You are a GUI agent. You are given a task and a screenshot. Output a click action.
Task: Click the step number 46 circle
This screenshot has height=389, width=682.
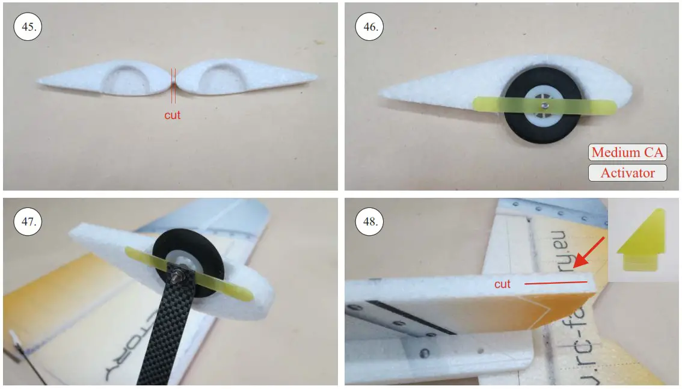pos(367,26)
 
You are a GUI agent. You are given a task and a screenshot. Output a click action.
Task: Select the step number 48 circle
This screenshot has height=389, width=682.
pos(367,222)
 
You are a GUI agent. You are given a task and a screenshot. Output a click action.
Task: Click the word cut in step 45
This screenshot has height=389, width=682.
pos(173,114)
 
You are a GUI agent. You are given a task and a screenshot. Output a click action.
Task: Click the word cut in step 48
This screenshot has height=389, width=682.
pos(502,283)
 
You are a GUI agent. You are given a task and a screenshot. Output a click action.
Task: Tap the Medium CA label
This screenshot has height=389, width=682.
pos(627,152)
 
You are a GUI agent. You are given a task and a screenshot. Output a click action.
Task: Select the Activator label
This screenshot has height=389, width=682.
pos(627,173)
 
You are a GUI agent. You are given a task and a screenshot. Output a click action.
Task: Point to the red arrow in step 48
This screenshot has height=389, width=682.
pos(589,253)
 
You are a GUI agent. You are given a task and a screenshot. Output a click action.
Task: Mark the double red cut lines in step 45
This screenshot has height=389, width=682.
pos(173,85)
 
